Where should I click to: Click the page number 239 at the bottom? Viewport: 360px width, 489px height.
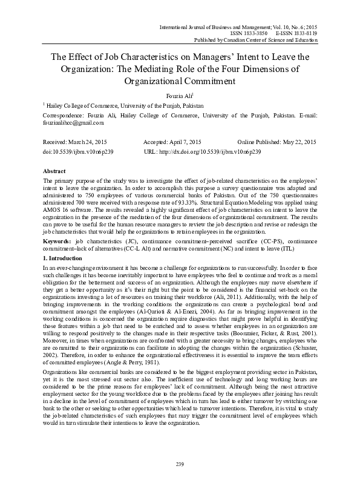(180, 464)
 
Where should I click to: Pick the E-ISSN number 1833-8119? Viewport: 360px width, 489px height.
(306, 34)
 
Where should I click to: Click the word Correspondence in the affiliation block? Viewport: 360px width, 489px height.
(64, 114)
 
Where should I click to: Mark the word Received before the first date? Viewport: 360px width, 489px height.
(56, 141)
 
